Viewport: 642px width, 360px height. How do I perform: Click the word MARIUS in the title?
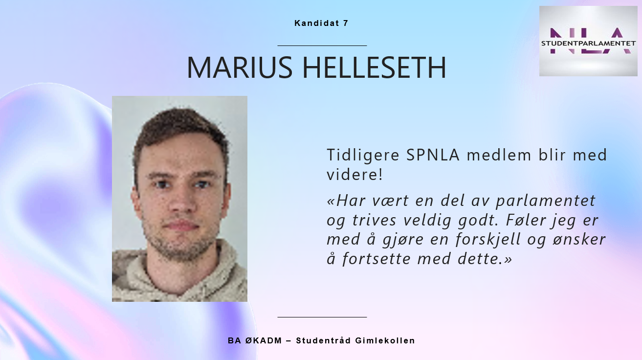[x=240, y=67]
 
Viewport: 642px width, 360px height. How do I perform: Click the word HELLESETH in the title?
[x=375, y=67]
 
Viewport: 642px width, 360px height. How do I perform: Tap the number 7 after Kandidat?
[x=345, y=23]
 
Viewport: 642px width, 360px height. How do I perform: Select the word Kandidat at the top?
[x=317, y=23]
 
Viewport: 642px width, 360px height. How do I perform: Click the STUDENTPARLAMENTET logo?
[x=588, y=41]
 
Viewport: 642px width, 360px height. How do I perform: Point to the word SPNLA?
[x=433, y=155]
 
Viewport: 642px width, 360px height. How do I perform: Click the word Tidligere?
[x=363, y=156]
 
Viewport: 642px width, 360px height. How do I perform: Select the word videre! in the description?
[x=354, y=175]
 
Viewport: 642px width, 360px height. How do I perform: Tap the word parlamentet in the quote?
[x=546, y=201]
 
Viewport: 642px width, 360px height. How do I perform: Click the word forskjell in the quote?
[x=488, y=239]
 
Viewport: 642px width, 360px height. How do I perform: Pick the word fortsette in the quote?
[x=376, y=259]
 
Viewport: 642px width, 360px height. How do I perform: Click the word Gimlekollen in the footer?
[x=385, y=340]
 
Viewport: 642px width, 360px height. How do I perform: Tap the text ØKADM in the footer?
[x=264, y=340]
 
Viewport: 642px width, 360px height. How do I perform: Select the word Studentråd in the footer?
[x=324, y=340]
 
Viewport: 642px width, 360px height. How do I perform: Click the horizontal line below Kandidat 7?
[x=322, y=45]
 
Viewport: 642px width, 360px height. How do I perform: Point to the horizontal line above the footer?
[x=322, y=317]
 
